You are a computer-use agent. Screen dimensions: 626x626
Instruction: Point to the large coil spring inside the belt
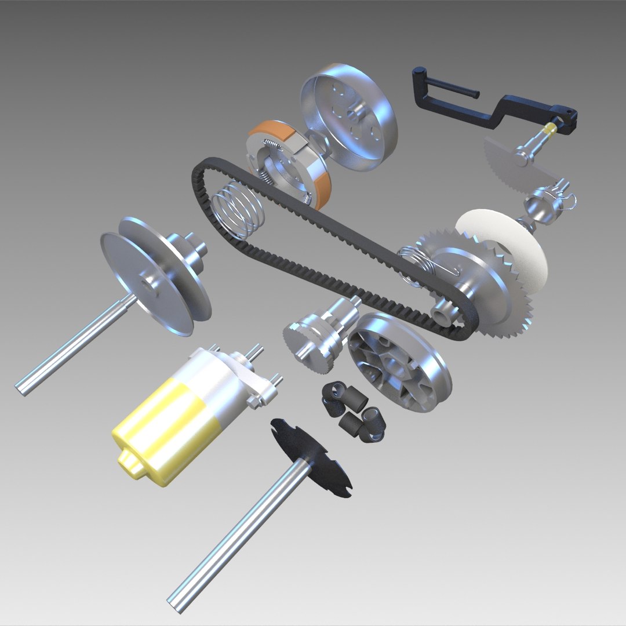coord(238,209)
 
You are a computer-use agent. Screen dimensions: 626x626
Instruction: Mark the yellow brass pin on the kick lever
coord(551,128)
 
